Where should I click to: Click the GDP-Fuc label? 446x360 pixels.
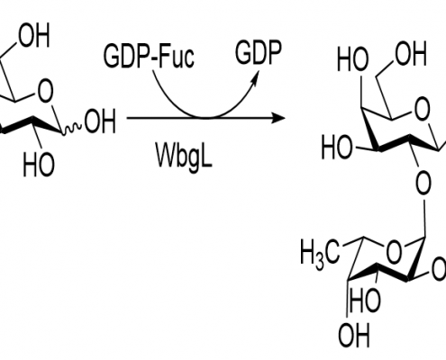(149, 56)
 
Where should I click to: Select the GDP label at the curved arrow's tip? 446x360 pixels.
(259, 53)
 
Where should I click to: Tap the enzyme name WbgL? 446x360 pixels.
(184, 155)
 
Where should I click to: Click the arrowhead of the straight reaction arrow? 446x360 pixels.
(278, 118)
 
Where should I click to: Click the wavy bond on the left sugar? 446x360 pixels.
(72, 129)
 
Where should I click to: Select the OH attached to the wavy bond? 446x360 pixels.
(100, 121)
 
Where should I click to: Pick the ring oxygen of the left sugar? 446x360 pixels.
(45, 91)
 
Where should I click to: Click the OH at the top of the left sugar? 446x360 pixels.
(33, 35)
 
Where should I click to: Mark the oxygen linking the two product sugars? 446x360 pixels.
(423, 183)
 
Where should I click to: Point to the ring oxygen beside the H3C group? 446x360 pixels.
(394, 252)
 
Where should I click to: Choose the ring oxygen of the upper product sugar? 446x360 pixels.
(422, 108)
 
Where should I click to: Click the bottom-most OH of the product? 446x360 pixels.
(353, 335)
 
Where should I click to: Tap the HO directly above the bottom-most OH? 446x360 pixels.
(365, 300)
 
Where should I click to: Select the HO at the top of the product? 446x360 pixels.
(352, 59)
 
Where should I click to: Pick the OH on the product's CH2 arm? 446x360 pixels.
(411, 54)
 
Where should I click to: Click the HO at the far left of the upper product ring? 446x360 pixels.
(337, 148)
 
